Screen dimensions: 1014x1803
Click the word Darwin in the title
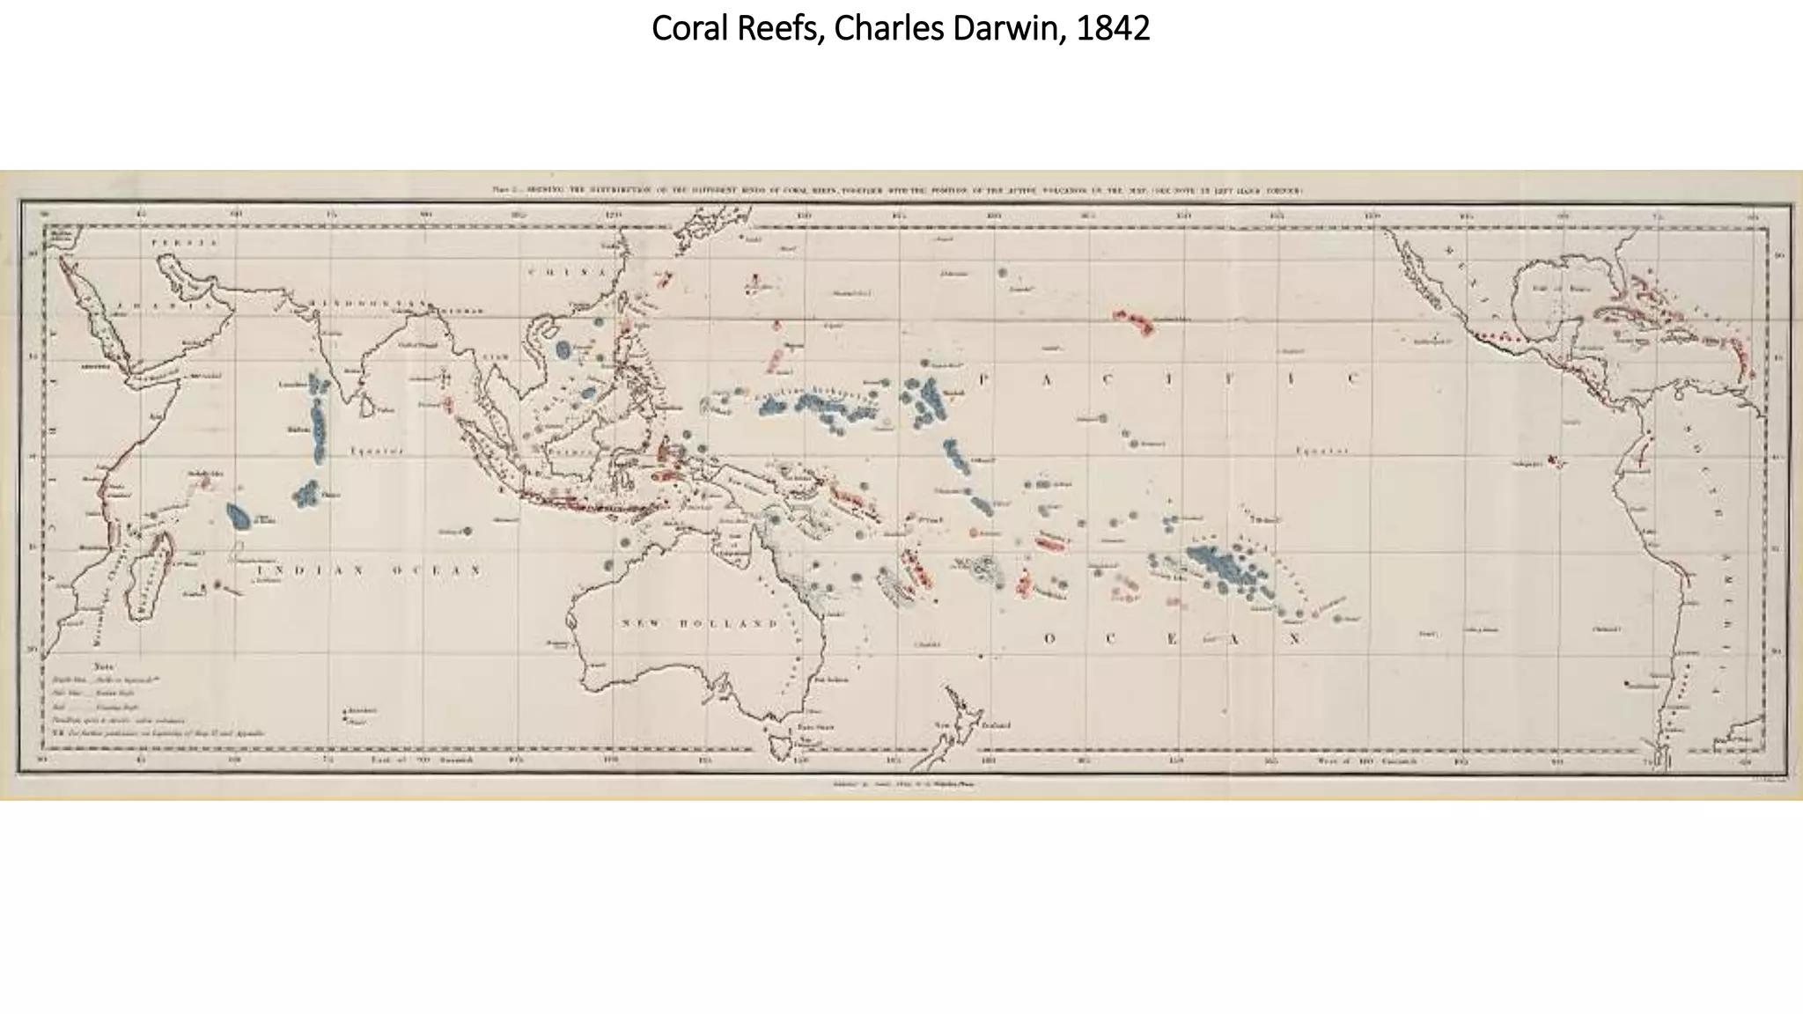pos(1001,29)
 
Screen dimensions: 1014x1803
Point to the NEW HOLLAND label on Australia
pos(701,623)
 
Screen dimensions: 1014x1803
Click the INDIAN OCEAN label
pos(369,571)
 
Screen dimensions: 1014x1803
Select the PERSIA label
pos(173,242)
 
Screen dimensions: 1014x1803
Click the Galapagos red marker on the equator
pos(1552,459)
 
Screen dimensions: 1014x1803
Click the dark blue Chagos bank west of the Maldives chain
pos(238,516)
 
